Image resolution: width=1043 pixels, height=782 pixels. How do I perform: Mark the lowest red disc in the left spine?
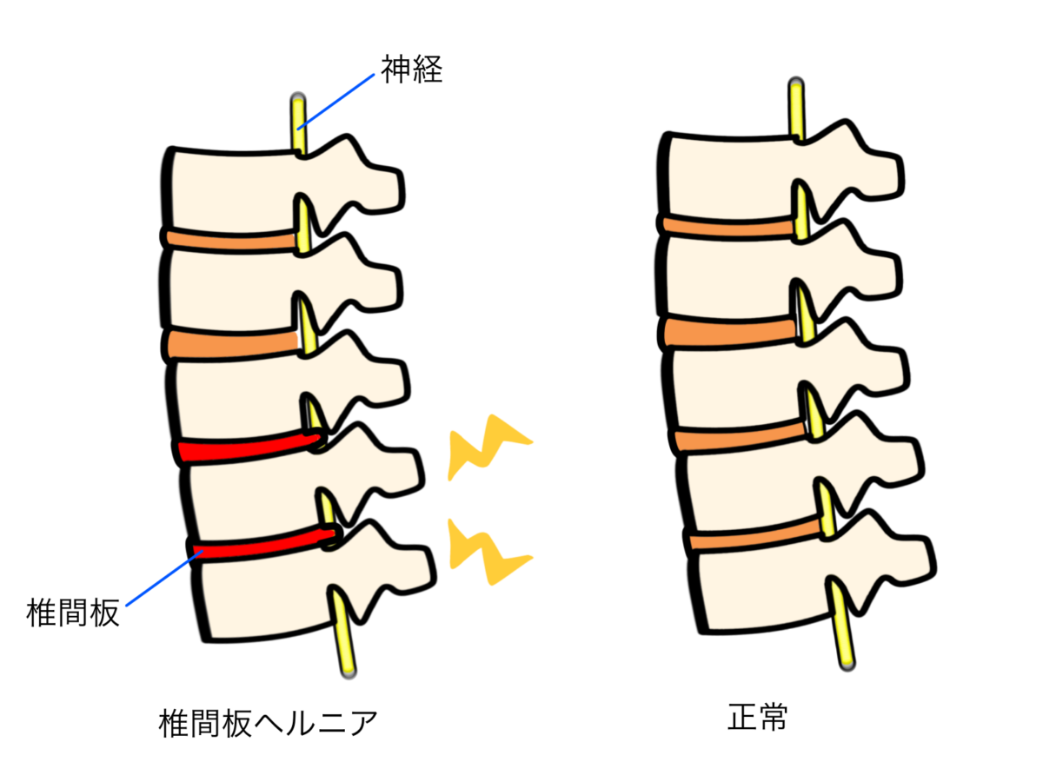click(261, 544)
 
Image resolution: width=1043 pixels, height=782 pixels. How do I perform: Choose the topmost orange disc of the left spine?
click(230, 240)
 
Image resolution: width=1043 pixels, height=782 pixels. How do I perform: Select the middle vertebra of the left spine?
click(239, 395)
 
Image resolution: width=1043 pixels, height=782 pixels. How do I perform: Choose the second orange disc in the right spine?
click(730, 331)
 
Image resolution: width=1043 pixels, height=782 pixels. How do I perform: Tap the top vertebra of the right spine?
click(730, 178)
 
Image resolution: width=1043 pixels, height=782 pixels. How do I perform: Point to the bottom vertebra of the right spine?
click(765, 591)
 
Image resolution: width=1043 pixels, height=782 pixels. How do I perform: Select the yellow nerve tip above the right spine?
click(796, 109)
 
